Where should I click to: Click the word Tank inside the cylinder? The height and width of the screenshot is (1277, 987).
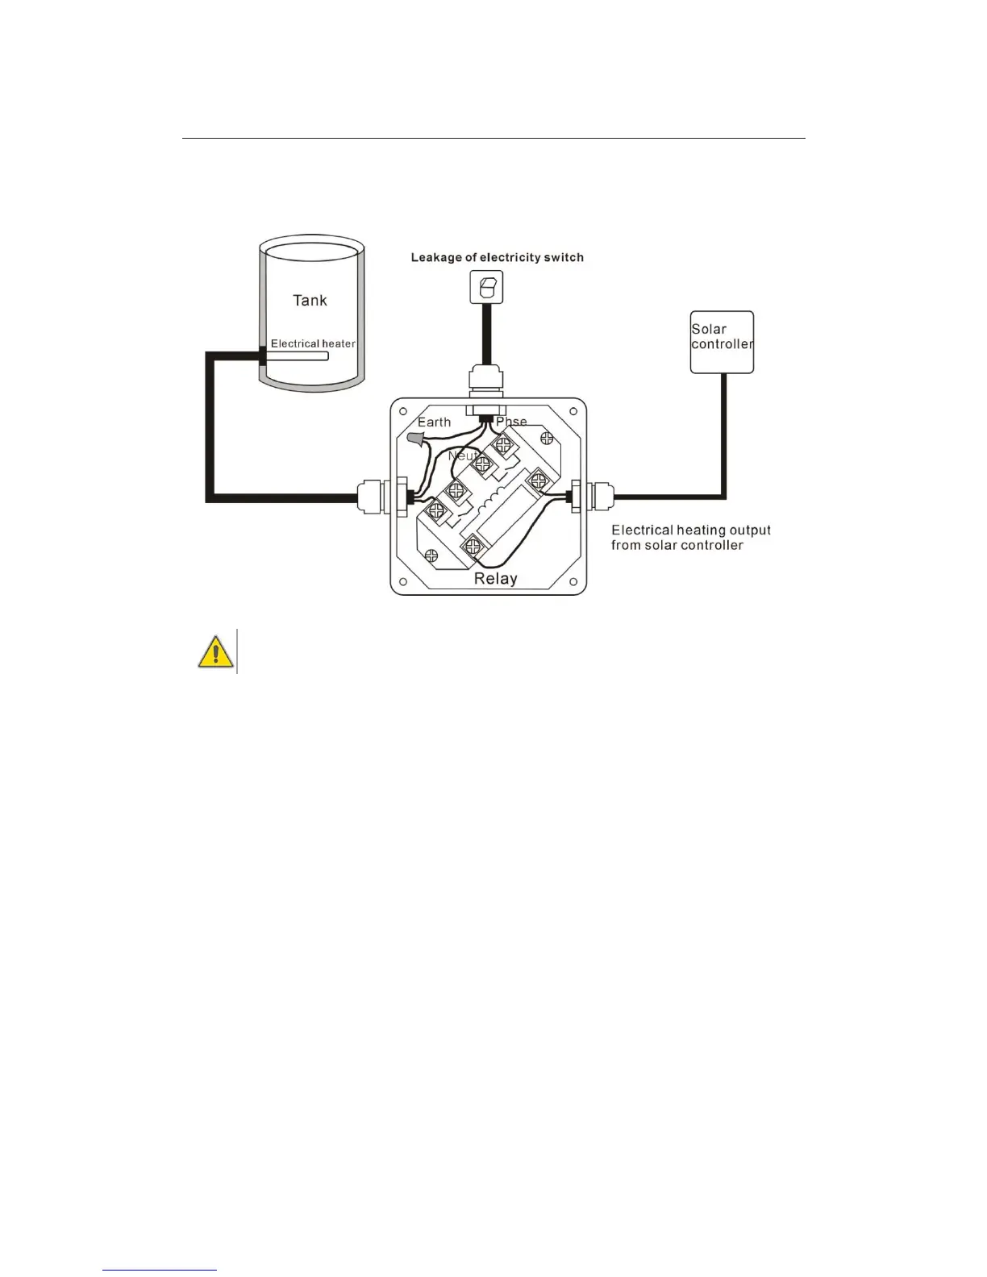pyautogui.click(x=310, y=301)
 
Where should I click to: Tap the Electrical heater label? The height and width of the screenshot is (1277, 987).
pyautogui.click(x=313, y=343)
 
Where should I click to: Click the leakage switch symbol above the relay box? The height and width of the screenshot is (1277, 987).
pyautogui.click(x=486, y=287)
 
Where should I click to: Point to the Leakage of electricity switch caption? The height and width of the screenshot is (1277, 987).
pyautogui.click(x=497, y=258)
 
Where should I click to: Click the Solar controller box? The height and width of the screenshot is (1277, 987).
pyautogui.click(x=722, y=342)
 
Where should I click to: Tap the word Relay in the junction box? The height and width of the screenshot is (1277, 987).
pyautogui.click(x=495, y=579)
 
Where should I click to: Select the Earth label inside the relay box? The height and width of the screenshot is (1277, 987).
pyautogui.click(x=434, y=422)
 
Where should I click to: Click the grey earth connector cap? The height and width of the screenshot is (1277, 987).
pyautogui.click(x=415, y=439)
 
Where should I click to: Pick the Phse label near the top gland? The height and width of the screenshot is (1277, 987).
pyautogui.click(x=512, y=422)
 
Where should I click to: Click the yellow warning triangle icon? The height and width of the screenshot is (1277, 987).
pyautogui.click(x=215, y=651)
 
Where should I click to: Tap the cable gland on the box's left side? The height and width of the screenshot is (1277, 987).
pyautogui.click(x=373, y=497)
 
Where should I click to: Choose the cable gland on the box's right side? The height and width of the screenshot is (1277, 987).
pyautogui.click(x=594, y=497)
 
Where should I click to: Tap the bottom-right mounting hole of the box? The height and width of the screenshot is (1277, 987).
pyautogui.click(x=574, y=582)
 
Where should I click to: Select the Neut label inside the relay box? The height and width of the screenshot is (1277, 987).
pyautogui.click(x=462, y=455)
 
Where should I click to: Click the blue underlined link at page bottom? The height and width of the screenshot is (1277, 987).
pyautogui.click(x=160, y=1270)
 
